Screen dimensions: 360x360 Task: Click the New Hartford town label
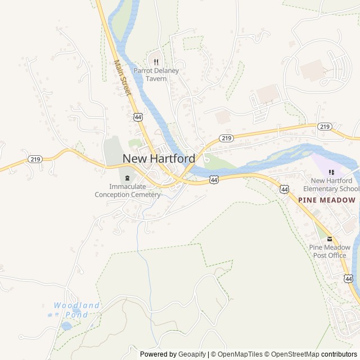[159, 159]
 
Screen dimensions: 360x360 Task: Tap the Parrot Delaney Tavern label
[150, 75]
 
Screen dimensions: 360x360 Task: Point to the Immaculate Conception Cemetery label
[127, 191]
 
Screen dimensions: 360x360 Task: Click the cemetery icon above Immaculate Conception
[127, 178]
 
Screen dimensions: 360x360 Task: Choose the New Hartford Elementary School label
[331, 184]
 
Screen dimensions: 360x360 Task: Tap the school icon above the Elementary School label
[331, 172]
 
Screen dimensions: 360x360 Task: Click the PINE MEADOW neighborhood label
[327, 200]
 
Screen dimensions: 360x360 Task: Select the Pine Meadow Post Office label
[330, 251]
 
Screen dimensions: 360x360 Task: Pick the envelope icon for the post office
[330, 239]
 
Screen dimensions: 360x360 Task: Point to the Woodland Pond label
[76, 310]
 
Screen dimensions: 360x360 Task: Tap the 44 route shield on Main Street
[138, 116]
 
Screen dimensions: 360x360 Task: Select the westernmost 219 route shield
[35, 160]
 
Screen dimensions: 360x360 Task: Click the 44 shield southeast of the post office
[349, 278]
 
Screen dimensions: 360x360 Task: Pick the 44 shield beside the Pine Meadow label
[284, 190]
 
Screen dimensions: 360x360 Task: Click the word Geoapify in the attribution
[192, 354]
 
